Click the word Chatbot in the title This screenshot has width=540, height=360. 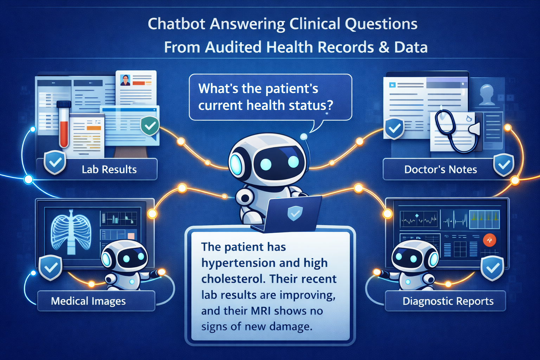[x=176, y=24]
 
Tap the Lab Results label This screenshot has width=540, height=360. [x=109, y=169]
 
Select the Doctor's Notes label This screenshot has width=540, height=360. [x=441, y=169]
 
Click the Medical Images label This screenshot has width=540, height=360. [x=88, y=301]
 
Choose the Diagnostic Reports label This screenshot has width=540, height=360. [x=448, y=301]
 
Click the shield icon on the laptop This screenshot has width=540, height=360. [x=295, y=213]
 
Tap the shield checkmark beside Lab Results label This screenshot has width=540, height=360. [x=55, y=162]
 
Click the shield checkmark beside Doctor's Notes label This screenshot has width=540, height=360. [x=504, y=165]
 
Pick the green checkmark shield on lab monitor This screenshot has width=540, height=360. [x=150, y=126]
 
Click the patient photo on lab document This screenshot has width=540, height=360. [x=125, y=80]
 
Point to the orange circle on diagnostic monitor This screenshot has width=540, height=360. [x=489, y=240]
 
